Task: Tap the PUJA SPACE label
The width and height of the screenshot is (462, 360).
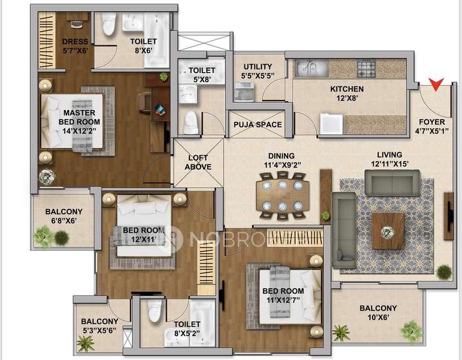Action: point(257,125)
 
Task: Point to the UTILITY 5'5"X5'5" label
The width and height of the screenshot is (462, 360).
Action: point(257,70)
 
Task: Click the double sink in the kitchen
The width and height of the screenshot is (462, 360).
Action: point(311,69)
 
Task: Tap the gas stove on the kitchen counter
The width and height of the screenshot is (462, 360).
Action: point(366,69)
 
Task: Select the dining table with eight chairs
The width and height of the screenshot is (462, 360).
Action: point(282,195)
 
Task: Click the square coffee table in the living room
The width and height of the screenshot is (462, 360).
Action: point(388,231)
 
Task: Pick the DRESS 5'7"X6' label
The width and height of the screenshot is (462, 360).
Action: point(75,46)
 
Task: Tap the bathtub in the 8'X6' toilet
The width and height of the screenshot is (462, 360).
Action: point(157,40)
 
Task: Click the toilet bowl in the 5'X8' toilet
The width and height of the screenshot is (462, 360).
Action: point(191,122)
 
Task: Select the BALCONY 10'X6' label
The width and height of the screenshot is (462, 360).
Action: point(378,313)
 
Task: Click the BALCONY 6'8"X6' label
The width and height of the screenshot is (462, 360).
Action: point(64,216)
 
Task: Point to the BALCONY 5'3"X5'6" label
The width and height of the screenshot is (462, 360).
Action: point(99,326)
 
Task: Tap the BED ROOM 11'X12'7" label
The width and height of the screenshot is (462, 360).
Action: point(283,295)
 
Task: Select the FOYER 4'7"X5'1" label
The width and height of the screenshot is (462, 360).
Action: point(432,127)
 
